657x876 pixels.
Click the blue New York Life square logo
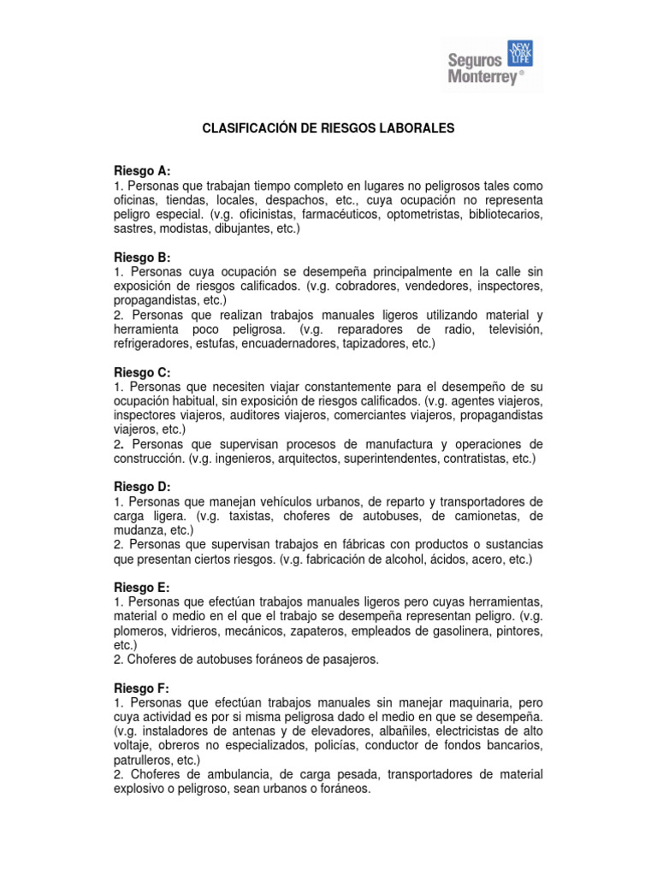click(x=520, y=52)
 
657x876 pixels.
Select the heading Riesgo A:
click(x=142, y=171)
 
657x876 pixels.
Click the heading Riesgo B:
click(x=142, y=257)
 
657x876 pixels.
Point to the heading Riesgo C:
click(x=142, y=372)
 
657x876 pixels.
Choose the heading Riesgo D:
click(x=142, y=487)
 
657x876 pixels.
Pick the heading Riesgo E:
click(x=142, y=587)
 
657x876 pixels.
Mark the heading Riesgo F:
click(x=142, y=688)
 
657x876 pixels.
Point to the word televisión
click(x=508, y=329)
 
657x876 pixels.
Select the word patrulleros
click(x=142, y=760)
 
